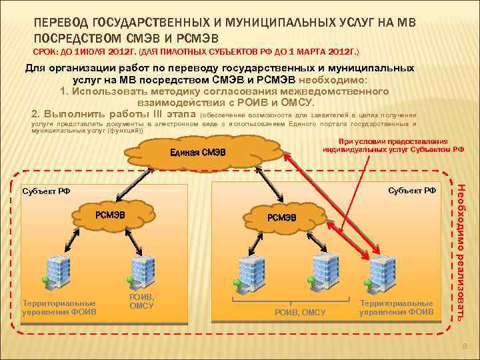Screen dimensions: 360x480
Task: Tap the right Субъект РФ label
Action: tap(411, 190)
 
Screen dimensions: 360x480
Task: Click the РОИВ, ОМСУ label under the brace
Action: tap(300, 312)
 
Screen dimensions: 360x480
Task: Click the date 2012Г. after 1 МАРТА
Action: tap(339, 51)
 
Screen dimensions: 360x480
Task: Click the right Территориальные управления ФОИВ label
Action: tap(396, 307)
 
